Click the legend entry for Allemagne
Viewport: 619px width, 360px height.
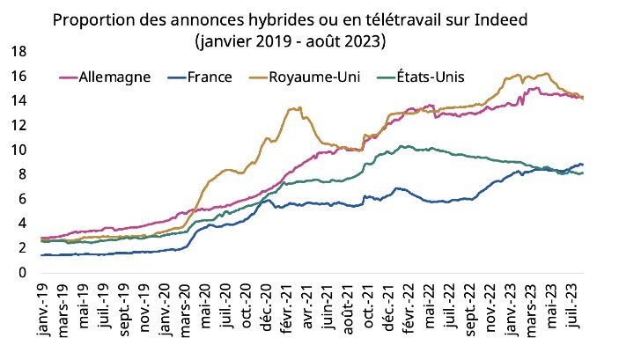click(x=114, y=77)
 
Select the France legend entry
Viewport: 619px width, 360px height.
click(x=210, y=77)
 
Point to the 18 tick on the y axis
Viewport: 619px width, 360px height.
click(x=18, y=52)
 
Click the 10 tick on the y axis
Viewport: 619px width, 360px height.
click(x=18, y=150)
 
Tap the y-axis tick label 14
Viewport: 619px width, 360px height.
click(x=18, y=101)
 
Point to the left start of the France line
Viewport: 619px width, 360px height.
click(x=41, y=255)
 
